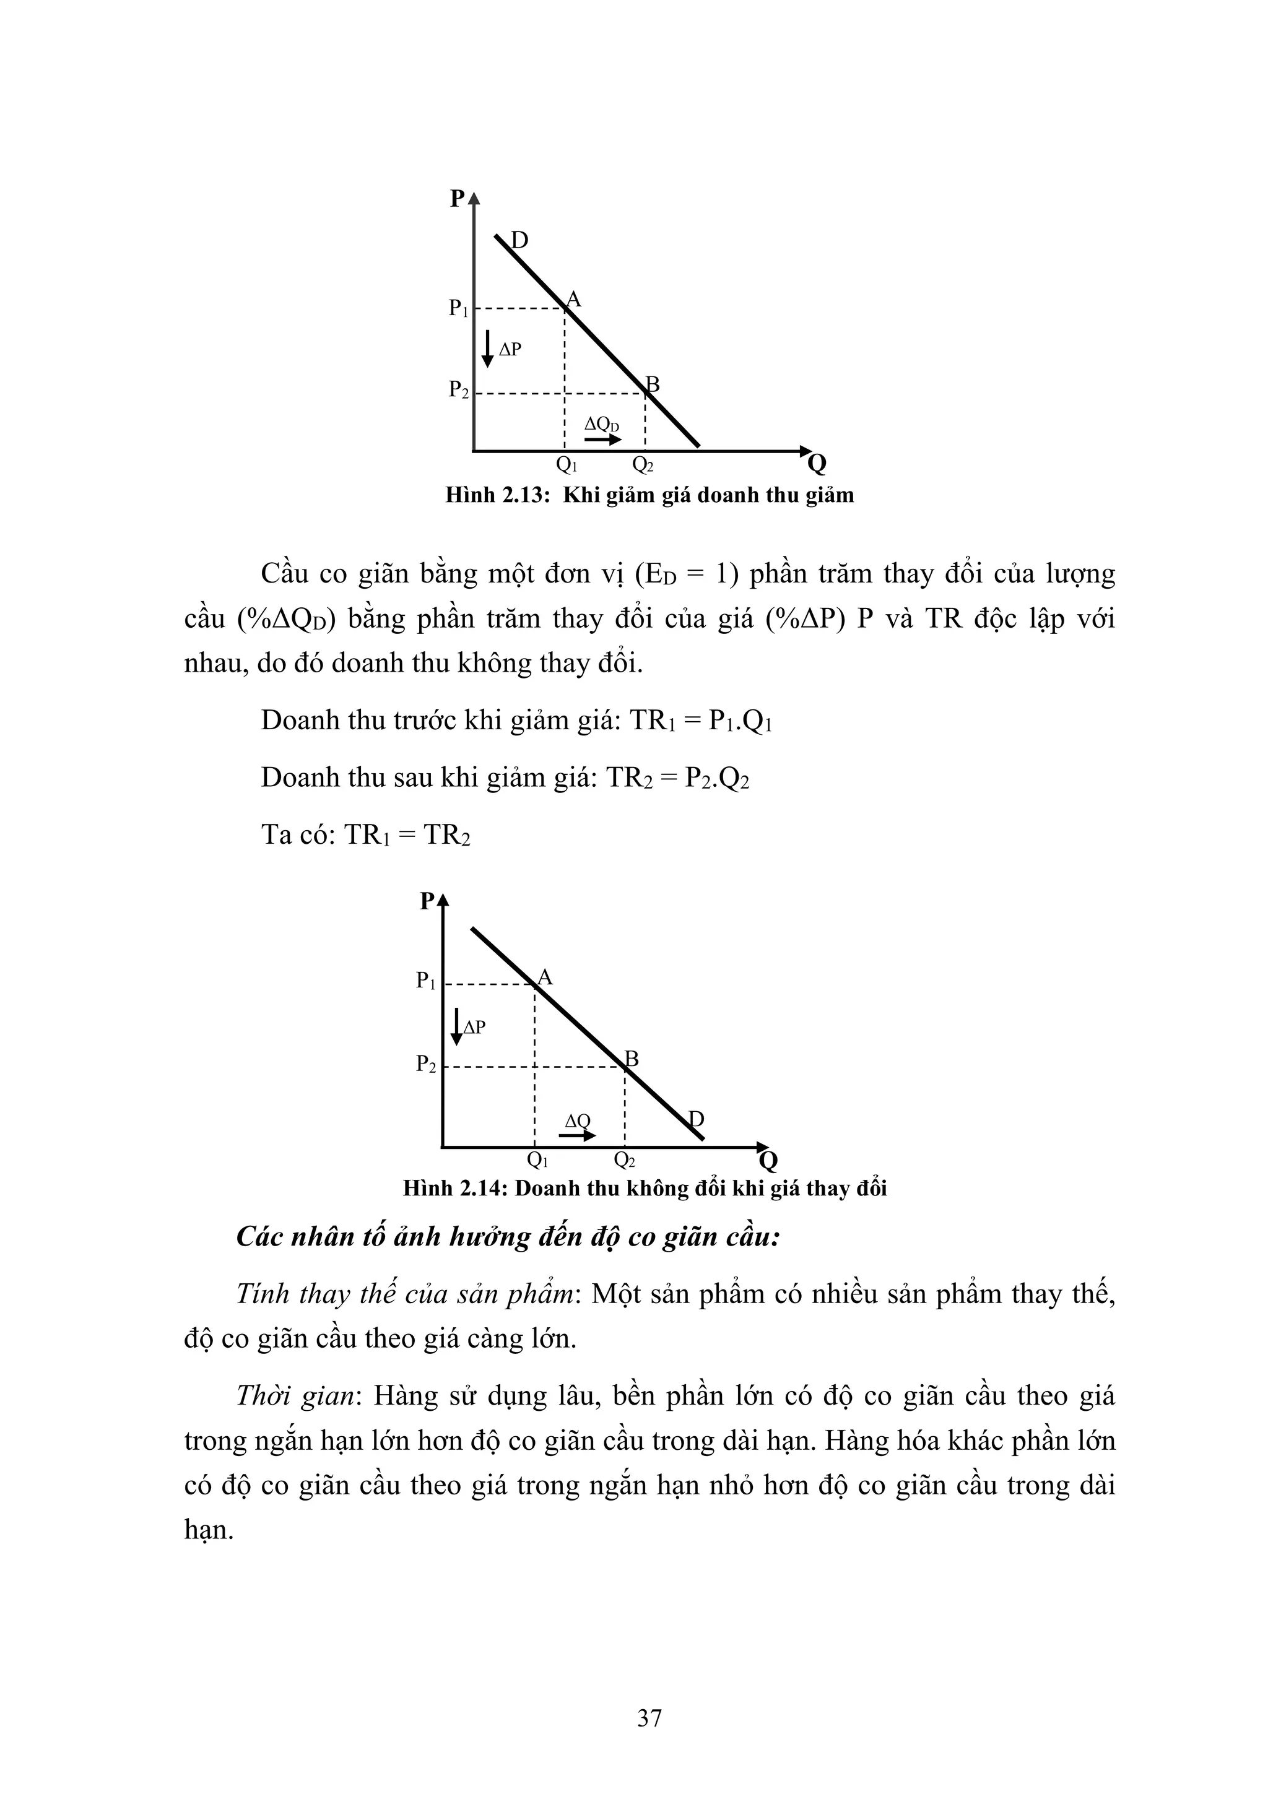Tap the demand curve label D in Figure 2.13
pos(519,240)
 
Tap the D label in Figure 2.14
pos(695,1120)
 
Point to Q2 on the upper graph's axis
pos(642,465)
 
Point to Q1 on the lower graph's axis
pos(537,1160)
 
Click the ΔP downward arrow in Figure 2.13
pos(487,349)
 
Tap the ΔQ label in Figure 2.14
pos(578,1121)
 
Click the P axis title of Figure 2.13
pos(458,199)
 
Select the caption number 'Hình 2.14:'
pos(456,1189)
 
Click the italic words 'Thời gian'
pos(296,1395)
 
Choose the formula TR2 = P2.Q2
pos(677,778)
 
